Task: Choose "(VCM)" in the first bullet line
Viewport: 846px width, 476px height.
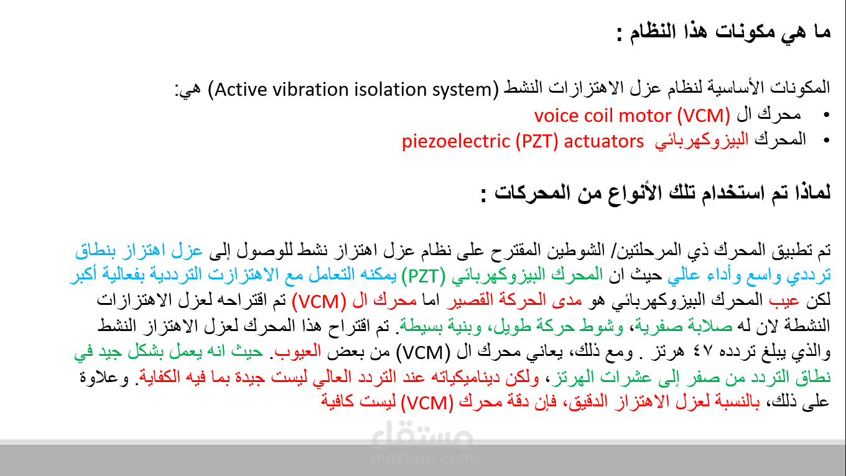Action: coord(704,116)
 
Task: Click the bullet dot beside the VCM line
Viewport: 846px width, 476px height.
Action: coord(826,115)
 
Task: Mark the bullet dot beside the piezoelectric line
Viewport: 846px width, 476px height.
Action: coord(826,141)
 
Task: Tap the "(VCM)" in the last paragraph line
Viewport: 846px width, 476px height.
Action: coord(427,403)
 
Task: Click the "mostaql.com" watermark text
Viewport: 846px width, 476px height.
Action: coord(422,458)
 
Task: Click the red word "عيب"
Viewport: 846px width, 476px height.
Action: coord(784,301)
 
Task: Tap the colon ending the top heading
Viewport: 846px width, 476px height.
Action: coord(620,34)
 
